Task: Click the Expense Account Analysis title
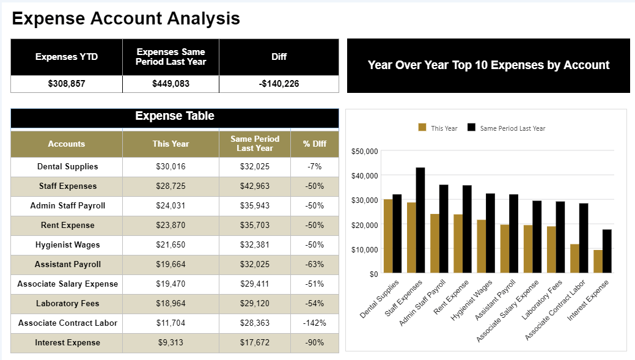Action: coord(126,19)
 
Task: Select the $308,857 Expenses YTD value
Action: coord(67,84)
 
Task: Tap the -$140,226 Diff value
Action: coord(279,84)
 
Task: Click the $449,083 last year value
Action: coord(171,84)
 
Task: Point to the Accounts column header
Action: coord(67,144)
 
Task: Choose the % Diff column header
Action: coord(315,144)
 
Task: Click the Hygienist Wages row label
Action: coord(67,245)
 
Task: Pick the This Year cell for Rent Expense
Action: coord(171,226)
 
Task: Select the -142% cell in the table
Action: coord(315,323)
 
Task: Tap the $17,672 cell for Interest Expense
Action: coord(255,343)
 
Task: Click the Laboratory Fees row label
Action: coord(67,304)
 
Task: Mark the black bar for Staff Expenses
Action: coord(420,220)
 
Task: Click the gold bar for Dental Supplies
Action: coord(388,236)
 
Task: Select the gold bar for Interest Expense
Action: coord(598,262)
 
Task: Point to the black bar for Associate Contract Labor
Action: coord(584,238)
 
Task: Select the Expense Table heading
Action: coord(175,116)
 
